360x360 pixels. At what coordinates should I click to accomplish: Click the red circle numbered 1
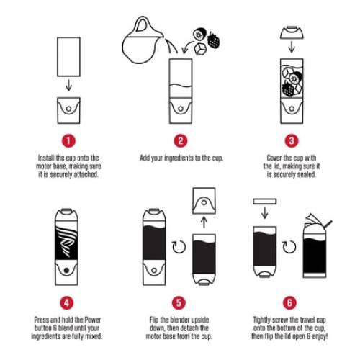68,140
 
